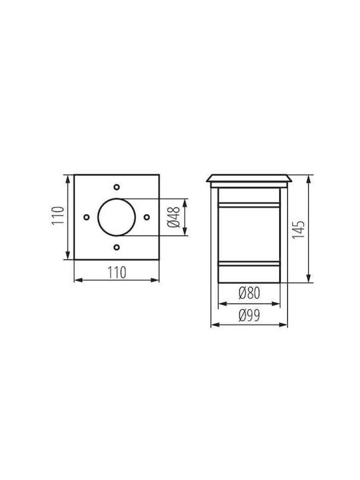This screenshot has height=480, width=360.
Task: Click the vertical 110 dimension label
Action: coord(58,215)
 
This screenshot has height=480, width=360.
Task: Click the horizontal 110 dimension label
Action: coord(117,273)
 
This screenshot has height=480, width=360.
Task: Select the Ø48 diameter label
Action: coord(174,217)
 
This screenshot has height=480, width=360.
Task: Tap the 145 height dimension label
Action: coord(299,229)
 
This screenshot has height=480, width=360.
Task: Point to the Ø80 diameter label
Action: coord(249,293)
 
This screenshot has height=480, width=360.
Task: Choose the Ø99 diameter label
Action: coord(249,315)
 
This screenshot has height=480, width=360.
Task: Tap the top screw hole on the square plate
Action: coord(117,187)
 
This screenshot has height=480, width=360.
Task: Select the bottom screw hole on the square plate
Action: coord(117,247)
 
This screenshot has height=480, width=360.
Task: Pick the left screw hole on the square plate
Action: coord(87,217)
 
